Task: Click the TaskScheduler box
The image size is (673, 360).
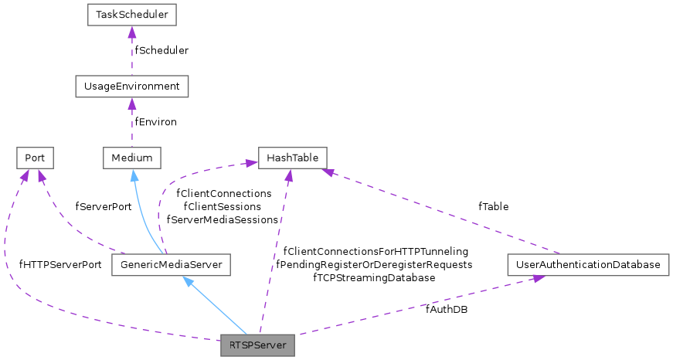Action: (x=131, y=15)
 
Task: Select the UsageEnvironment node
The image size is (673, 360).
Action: (x=131, y=86)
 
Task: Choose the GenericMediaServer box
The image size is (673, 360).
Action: (x=172, y=265)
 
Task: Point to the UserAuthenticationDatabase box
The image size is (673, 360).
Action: (x=589, y=265)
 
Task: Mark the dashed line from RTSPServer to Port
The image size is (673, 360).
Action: (x=46, y=309)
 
